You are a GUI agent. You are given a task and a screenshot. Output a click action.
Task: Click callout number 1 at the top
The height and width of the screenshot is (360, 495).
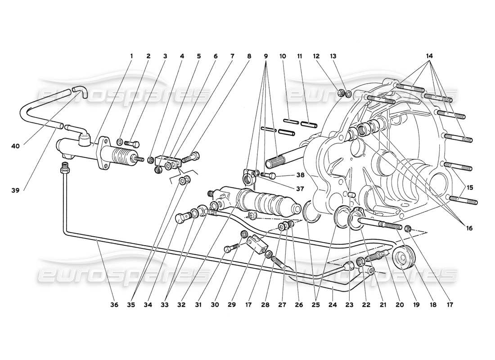pos(132,56)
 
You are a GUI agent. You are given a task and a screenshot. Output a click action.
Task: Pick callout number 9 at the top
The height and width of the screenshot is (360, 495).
pos(265,56)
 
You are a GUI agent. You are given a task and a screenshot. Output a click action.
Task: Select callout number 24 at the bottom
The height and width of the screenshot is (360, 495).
pos(333,305)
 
